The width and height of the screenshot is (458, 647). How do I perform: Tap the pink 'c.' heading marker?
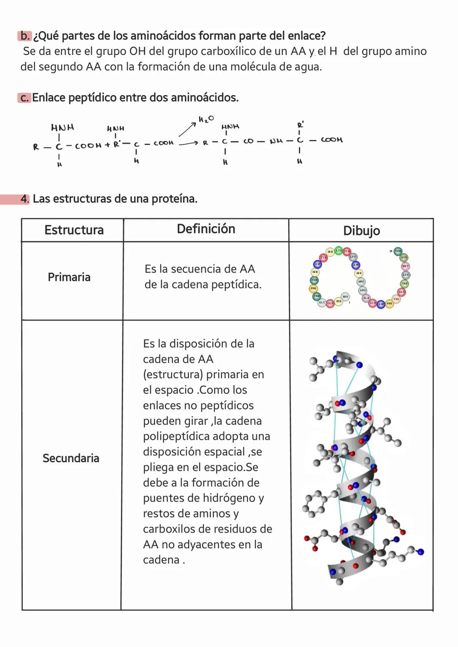(x=24, y=98)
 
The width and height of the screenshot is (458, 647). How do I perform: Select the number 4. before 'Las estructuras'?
(x=25, y=199)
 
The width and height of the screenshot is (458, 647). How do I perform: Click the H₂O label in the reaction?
(x=206, y=119)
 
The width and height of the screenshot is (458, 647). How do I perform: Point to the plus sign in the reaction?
(x=107, y=145)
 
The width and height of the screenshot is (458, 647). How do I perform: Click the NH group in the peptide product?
(x=276, y=140)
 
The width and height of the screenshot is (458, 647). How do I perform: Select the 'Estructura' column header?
(x=74, y=230)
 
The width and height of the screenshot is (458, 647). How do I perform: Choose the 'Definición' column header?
(x=206, y=229)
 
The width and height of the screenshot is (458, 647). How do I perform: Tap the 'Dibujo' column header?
(x=361, y=231)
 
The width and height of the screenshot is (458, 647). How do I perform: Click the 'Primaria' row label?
(x=69, y=277)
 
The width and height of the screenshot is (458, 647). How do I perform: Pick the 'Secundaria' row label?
(x=71, y=458)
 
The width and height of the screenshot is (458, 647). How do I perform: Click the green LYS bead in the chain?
(x=338, y=251)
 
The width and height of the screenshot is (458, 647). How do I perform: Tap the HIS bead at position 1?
(x=345, y=297)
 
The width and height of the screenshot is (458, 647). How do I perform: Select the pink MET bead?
(x=405, y=266)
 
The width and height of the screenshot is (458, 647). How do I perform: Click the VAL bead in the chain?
(x=396, y=299)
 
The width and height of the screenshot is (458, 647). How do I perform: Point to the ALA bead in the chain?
(x=366, y=298)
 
